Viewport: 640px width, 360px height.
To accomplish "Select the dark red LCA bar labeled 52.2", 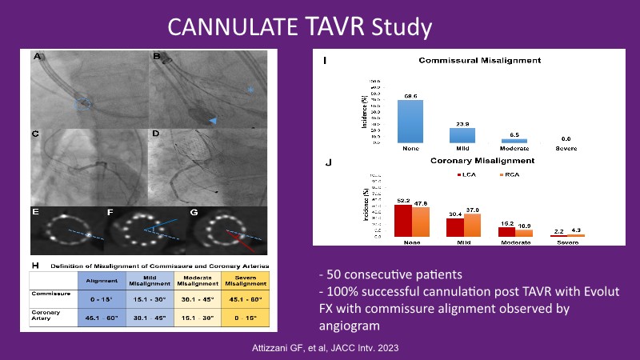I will pyautogui.click(x=403, y=220).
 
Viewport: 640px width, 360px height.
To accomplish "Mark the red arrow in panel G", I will pyautogui.click(x=237, y=238).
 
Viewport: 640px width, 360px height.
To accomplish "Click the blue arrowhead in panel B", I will pyautogui.click(x=212, y=119).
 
